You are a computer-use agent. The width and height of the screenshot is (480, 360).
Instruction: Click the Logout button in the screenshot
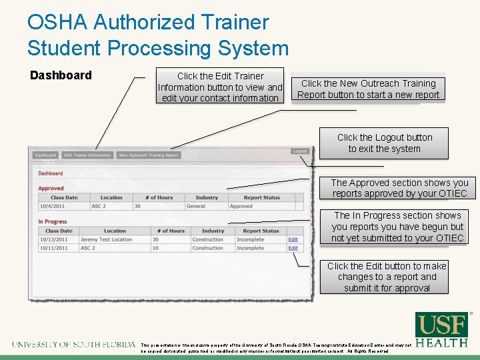[300, 151]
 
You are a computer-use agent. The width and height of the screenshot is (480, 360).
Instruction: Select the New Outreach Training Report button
[149, 155]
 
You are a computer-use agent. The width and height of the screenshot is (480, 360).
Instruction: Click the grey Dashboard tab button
[45, 155]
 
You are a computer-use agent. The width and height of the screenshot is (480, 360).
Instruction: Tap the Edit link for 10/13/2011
[293, 239]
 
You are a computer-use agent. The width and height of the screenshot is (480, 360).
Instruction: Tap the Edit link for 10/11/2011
[293, 248]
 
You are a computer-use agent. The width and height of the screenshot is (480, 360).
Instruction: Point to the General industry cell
[196, 206]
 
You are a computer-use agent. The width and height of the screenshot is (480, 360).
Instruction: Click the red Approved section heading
[51, 189]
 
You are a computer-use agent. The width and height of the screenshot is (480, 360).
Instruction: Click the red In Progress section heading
[53, 222]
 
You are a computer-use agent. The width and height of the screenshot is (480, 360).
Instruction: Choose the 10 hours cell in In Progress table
[155, 248]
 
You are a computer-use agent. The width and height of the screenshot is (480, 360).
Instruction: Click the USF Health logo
[441, 330]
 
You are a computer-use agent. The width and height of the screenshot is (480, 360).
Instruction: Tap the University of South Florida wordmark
[73, 345]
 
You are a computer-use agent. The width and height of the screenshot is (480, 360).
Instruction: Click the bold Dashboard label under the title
[61, 75]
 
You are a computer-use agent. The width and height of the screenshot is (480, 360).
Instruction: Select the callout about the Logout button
[385, 143]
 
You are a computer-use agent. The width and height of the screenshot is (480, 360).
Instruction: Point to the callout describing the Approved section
[399, 188]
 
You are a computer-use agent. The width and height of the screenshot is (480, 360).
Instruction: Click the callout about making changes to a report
[387, 277]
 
